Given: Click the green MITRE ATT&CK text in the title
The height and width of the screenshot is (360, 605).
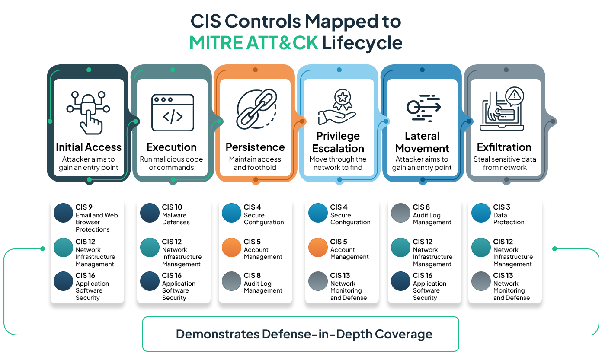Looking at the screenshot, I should pyautogui.click(x=254, y=43).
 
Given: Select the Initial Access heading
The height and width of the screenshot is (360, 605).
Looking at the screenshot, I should pyautogui.click(x=88, y=147).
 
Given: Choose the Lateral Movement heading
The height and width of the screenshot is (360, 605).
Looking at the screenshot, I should pyautogui.click(x=422, y=142).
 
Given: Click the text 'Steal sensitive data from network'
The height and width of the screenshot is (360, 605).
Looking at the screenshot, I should pyautogui.click(x=505, y=163).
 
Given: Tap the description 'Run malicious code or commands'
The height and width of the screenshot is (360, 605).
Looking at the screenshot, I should pyautogui.click(x=171, y=163).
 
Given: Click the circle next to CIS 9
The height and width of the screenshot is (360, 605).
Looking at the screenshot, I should pyautogui.click(x=63, y=213).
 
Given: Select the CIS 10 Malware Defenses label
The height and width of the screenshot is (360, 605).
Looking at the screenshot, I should pyautogui.click(x=176, y=214).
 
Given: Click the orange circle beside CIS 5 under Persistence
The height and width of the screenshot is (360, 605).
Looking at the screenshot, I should pyautogui.click(x=231, y=248).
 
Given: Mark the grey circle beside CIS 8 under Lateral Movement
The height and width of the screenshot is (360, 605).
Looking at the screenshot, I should pyautogui.click(x=400, y=213).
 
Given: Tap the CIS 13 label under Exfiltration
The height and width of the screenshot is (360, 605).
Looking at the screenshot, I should pyautogui.click(x=511, y=286).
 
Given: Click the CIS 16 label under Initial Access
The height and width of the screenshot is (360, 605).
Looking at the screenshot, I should pyautogui.click(x=92, y=286).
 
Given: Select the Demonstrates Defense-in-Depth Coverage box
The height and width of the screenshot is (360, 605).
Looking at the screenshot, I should pyautogui.click(x=301, y=334).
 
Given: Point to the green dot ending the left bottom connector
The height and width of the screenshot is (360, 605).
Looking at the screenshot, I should pyautogui.click(x=42, y=248).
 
